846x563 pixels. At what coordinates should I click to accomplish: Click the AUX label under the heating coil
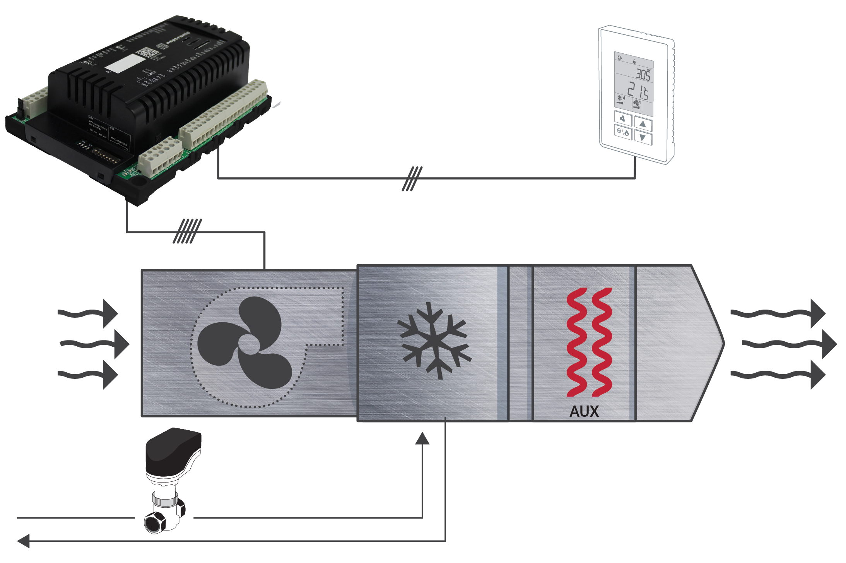click(584, 411)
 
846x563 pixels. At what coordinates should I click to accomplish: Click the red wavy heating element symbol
click(589, 342)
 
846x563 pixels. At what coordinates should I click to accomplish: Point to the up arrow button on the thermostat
click(643, 124)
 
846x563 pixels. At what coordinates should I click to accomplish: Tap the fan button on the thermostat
click(623, 119)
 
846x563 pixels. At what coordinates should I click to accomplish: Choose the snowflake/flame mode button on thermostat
click(623, 132)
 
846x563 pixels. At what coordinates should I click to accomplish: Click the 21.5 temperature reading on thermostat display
click(637, 91)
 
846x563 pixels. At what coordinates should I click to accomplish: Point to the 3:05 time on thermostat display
click(643, 74)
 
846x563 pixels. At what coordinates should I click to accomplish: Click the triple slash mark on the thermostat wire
click(412, 178)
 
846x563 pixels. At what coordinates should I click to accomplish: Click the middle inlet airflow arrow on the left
click(95, 344)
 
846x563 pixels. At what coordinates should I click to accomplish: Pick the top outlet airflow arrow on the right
click(778, 313)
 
